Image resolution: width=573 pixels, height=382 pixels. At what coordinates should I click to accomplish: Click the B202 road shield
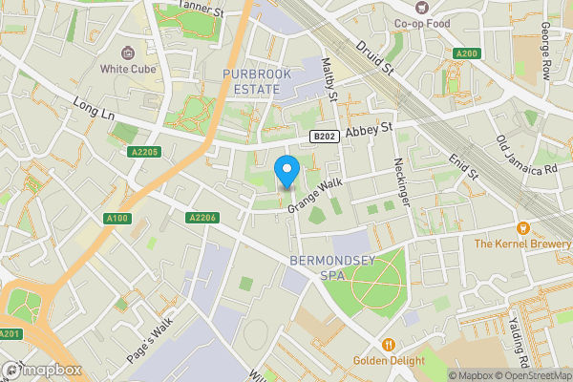[x=324, y=138]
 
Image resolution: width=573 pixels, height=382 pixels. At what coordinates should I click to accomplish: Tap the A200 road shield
[x=467, y=53]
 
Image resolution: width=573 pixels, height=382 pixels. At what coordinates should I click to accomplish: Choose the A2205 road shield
[x=142, y=153]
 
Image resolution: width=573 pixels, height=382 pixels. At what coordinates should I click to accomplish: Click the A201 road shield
[x=10, y=333]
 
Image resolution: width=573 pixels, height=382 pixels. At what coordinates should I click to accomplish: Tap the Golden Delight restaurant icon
[x=388, y=345]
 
